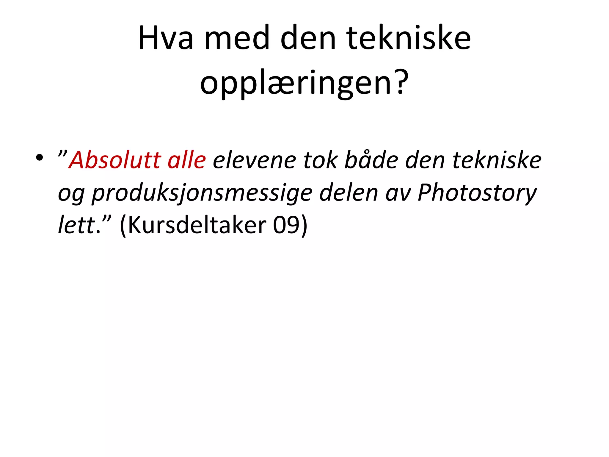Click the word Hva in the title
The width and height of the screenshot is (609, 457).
[x=166, y=38]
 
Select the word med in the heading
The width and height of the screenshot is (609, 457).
[x=237, y=38]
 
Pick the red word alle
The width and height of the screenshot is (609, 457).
[x=187, y=160]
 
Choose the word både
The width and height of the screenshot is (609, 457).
[x=371, y=160]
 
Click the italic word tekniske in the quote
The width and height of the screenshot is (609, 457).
[x=497, y=160]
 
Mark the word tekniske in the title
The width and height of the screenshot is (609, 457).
[x=409, y=38]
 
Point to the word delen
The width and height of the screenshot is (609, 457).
[x=349, y=192]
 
